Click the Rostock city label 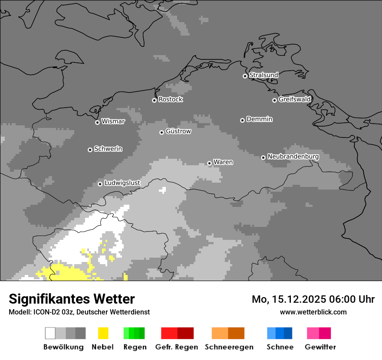click(171, 99)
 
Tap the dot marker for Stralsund click(245, 76)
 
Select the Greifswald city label click(294, 99)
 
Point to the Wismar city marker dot click(97, 122)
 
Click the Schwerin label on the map click(108, 149)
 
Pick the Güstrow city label click(178, 131)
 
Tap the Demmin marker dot click(242, 120)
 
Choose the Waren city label click(223, 162)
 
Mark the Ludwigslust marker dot click(100, 184)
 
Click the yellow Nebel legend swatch click(103, 333)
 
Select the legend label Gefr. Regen click(177, 347)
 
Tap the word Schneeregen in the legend click(229, 347)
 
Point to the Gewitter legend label click(320, 347)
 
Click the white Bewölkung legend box click(50, 333)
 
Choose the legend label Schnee click(280, 347)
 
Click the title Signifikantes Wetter click(72, 299)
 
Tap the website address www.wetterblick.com click(313, 312)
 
